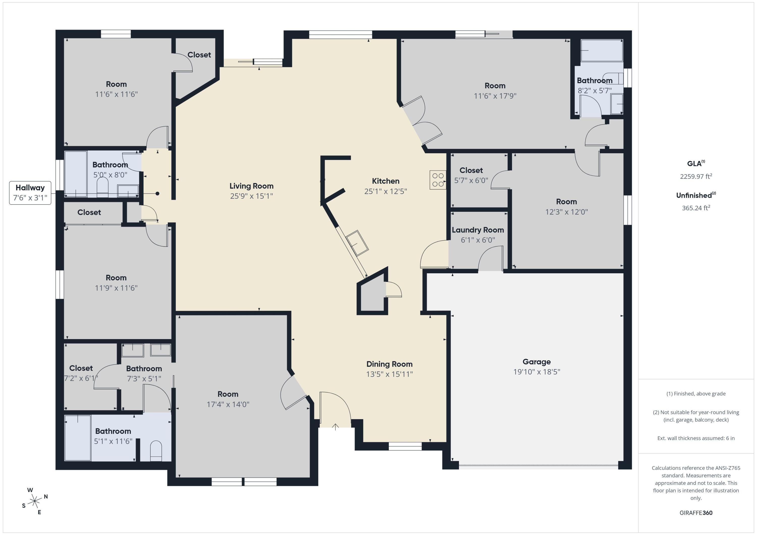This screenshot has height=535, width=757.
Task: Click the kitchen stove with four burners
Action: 438,180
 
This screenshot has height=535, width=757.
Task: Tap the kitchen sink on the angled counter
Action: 357,243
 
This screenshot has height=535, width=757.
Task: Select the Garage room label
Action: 536,362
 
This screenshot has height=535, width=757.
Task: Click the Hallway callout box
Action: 30,193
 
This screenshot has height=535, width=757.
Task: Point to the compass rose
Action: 35,501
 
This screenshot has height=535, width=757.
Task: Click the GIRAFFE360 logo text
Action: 696,513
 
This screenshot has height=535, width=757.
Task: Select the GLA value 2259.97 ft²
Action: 696,176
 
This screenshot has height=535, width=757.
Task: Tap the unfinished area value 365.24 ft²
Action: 696,208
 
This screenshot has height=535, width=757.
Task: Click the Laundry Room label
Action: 478,230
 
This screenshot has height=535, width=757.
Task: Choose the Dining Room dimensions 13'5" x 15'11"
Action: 389,374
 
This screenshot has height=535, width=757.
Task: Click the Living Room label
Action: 252,186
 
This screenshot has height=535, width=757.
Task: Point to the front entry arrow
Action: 335,427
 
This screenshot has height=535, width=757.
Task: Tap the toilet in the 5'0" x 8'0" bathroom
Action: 102,187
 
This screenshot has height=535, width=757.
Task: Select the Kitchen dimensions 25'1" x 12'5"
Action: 385,191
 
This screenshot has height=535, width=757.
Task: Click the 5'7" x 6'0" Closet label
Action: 471,170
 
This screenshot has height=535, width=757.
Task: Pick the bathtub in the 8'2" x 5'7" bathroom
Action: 602,50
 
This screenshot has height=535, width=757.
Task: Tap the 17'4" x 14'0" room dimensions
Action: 228,404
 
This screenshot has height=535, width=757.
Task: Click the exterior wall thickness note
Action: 696,438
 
